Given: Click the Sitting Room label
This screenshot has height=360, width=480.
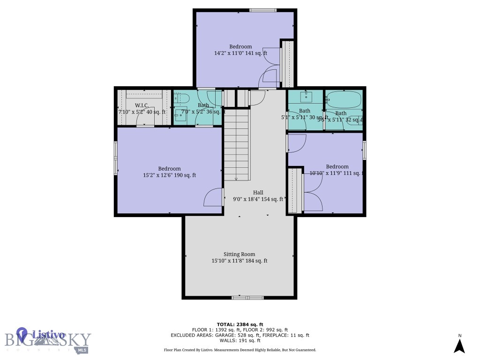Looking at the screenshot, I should (x=239, y=254).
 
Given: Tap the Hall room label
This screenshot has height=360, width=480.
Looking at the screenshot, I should (x=258, y=192).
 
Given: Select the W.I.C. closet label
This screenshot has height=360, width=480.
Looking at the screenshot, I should (x=142, y=105).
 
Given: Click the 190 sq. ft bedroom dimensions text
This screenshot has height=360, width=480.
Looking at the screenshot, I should (x=169, y=175).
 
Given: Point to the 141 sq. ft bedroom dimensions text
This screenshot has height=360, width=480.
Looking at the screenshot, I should (x=240, y=53).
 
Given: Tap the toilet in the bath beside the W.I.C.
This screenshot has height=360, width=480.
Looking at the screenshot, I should (x=181, y=98).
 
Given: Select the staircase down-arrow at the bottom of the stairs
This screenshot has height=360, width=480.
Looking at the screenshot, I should (x=236, y=177).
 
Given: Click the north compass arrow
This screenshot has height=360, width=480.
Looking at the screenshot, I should (x=460, y=345).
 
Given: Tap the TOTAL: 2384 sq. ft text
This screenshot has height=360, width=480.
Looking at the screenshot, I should (x=240, y=324).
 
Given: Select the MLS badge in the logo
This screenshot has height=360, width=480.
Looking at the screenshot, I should (x=82, y=350).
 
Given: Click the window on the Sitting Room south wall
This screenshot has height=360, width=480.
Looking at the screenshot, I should (x=248, y=297).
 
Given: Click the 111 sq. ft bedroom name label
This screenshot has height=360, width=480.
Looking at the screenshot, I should (x=337, y=166).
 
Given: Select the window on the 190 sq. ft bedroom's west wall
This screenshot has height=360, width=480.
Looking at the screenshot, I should (x=116, y=158).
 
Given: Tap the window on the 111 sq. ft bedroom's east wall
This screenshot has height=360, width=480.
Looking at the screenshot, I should (x=364, y=150).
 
